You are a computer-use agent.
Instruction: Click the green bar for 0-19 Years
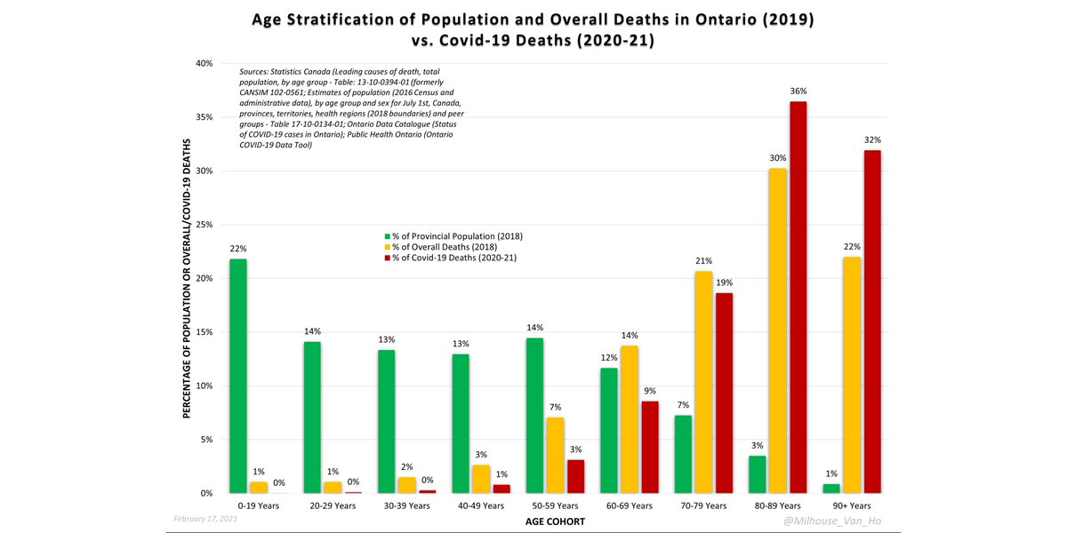237,376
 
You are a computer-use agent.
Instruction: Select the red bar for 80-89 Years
798,297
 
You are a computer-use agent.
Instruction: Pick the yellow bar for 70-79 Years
703,382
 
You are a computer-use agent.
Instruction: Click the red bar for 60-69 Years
650,447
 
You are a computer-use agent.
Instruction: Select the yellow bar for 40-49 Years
480,479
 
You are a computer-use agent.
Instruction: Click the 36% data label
798,91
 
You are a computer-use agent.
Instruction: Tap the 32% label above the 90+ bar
872,139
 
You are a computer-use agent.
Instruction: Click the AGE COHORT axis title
553,521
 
